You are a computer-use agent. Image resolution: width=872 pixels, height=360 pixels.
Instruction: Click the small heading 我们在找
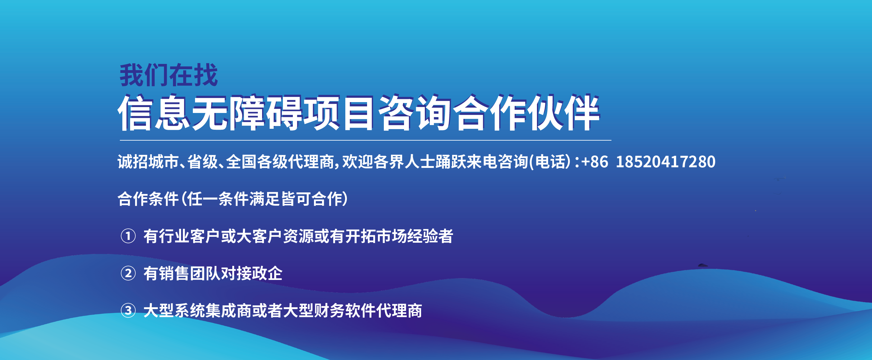coord(169,75)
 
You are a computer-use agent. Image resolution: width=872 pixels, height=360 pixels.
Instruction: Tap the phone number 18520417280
coord(665,162)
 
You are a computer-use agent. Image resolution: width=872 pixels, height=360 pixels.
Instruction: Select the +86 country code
coord(594,162)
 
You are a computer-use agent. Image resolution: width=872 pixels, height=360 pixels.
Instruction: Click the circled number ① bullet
coord(128,236)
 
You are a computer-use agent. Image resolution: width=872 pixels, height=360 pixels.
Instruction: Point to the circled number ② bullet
coord(128,273)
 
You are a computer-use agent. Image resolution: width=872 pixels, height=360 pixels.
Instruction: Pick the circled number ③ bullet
coord(128,310)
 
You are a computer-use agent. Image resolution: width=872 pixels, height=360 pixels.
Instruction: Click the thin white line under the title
coord(366,140)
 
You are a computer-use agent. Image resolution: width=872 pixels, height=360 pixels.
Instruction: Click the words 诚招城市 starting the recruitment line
coord(148,162)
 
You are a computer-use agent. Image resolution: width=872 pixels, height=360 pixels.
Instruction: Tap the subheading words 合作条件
coord(148,199)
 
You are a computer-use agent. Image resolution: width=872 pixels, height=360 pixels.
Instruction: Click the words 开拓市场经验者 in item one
coord(399,236)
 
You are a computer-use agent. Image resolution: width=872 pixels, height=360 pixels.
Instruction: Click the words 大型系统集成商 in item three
coord(198,311)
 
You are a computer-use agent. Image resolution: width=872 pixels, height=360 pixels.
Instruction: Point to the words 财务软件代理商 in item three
coord(368,311)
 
